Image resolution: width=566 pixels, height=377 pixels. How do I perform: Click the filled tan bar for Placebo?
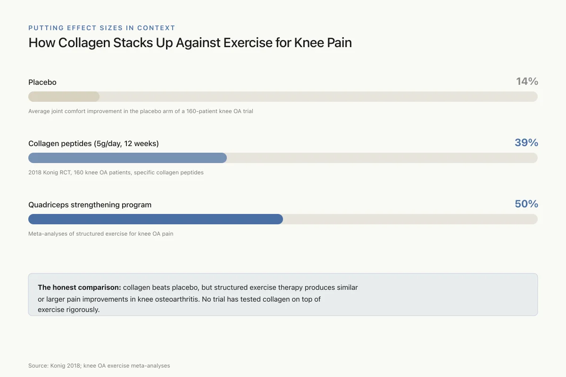[64, 97]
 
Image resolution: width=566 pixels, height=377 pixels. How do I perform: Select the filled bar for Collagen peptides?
[128, 158]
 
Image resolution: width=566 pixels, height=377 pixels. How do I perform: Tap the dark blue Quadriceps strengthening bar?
[156, 219]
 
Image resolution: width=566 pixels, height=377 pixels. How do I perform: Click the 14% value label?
[527, 82]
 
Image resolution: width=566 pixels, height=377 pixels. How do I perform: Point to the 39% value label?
[526, 143]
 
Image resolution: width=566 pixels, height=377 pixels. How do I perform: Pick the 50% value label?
[526, 204]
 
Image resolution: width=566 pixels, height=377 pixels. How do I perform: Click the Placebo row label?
[42, 82]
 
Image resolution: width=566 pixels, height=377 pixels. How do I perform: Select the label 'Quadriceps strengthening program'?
[90, 205]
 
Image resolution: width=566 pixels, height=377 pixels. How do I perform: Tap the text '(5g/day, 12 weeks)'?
[126, 143]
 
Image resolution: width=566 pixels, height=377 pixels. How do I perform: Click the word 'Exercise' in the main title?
[248, 42]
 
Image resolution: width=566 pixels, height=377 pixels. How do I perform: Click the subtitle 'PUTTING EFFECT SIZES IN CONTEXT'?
[101, 28]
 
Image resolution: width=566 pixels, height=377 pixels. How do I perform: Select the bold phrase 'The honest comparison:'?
[79, 287]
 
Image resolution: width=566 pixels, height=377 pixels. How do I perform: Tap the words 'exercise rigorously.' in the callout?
[69, 310]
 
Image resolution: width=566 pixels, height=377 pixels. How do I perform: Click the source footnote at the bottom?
[99, 366]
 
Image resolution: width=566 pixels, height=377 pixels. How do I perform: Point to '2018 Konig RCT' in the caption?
[50, 172]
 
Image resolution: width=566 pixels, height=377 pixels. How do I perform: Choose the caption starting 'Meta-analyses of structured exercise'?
[101, 234]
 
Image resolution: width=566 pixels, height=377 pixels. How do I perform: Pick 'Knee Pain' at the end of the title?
[323, 42]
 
